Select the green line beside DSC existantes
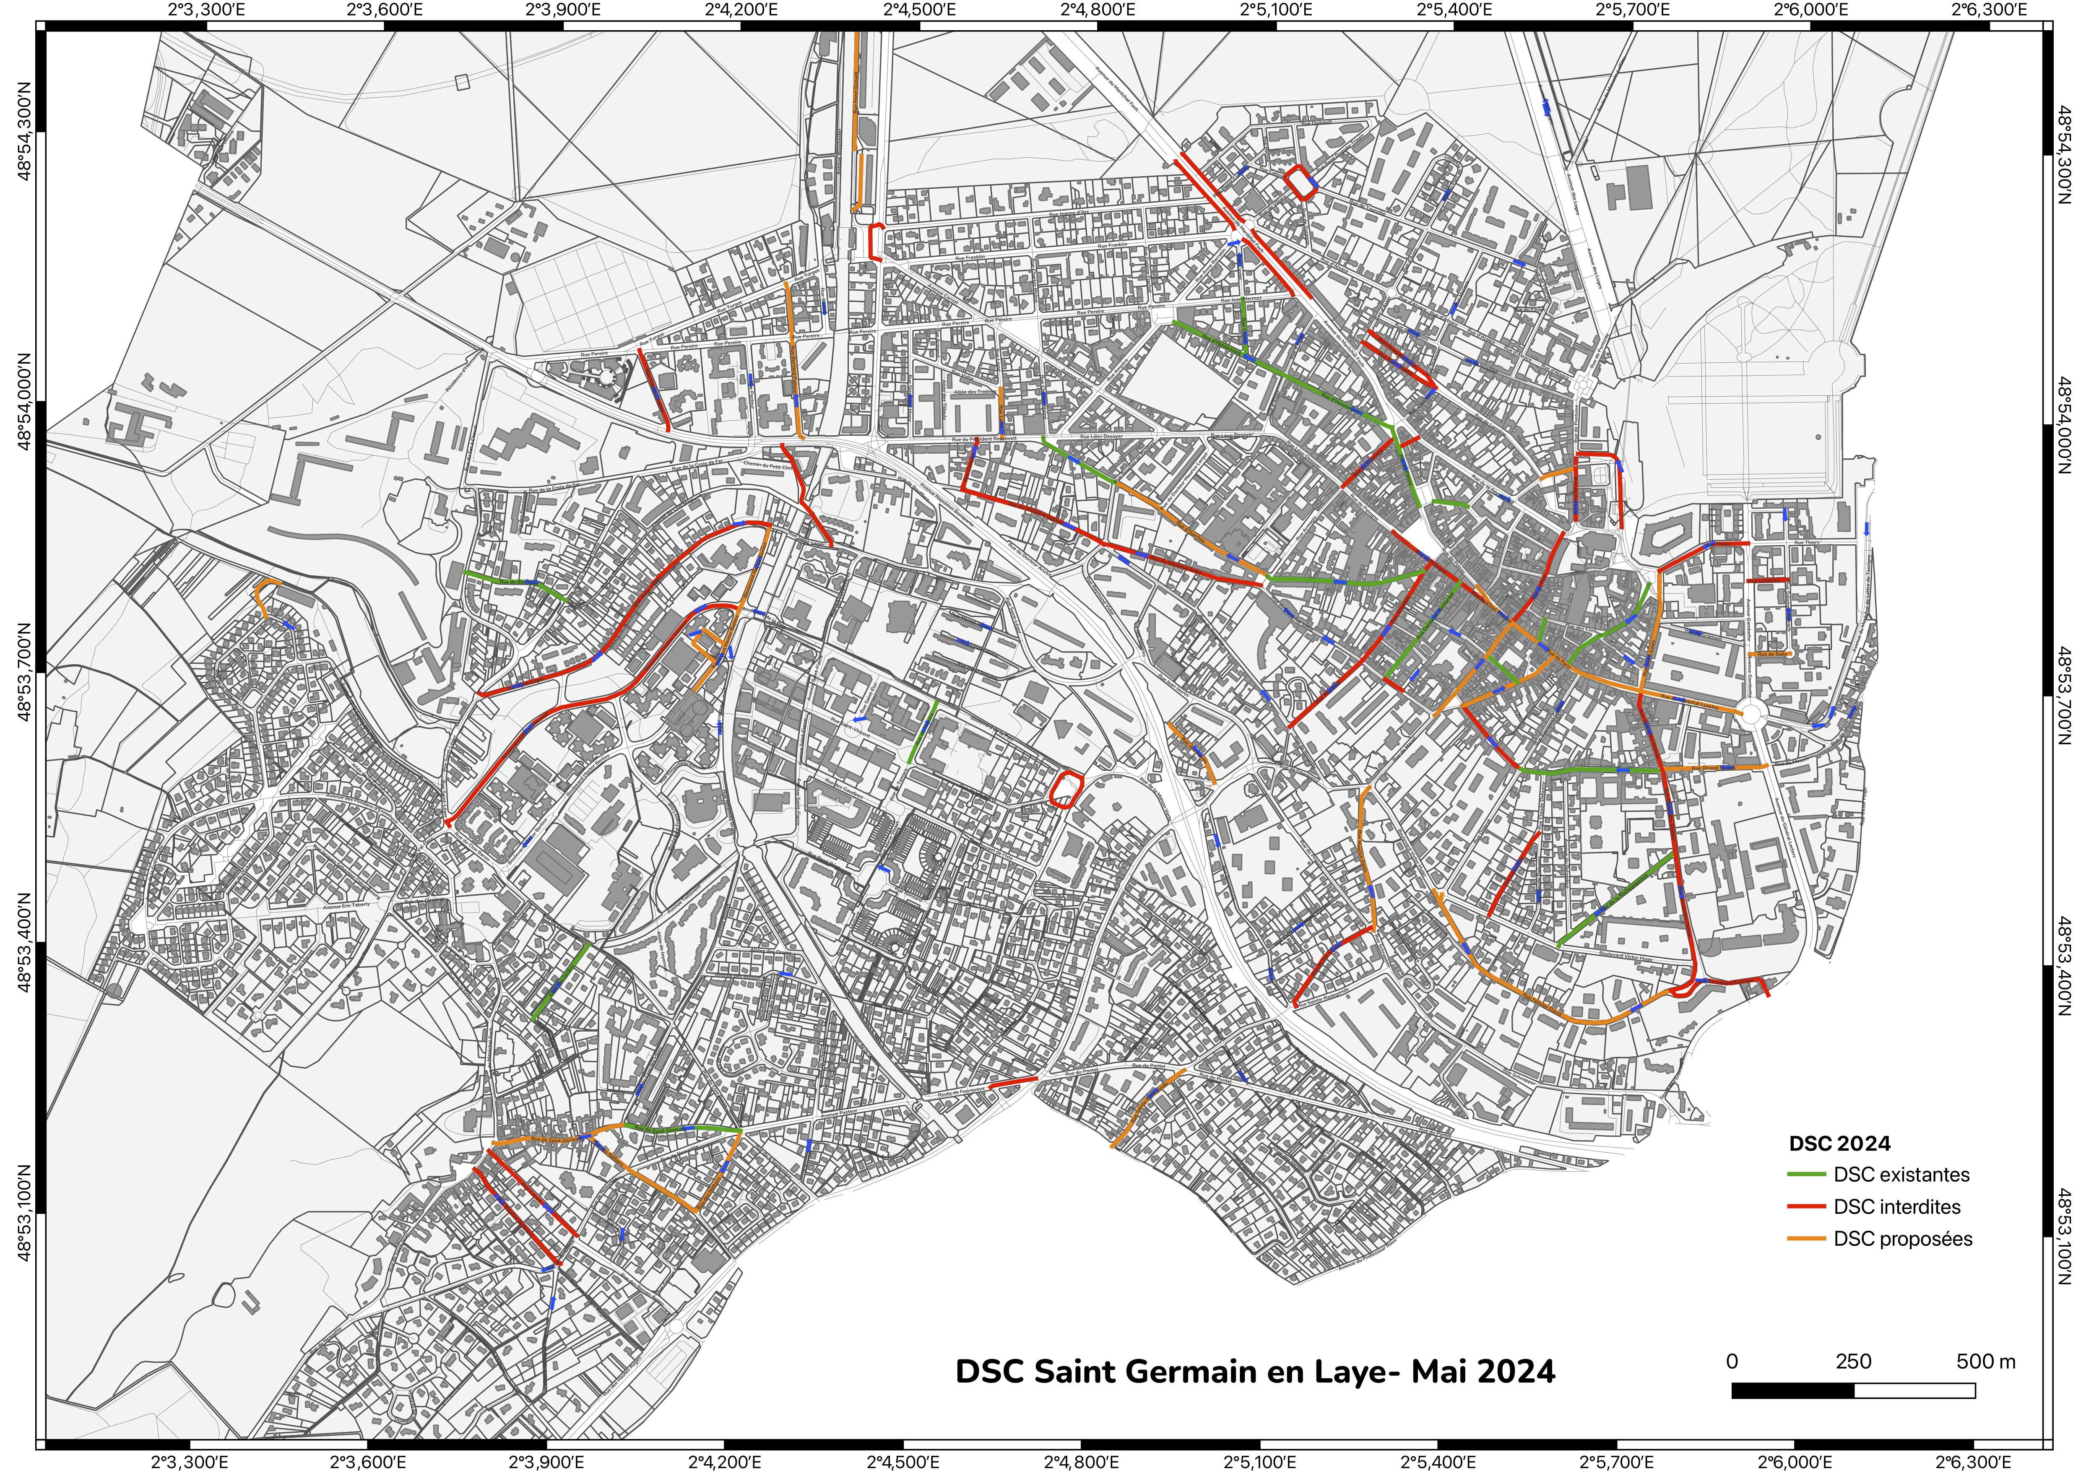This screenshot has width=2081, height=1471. (1805, 1175)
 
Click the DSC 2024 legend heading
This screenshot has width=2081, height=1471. (1839, 1144)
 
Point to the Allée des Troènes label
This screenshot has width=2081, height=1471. (973, 392)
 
